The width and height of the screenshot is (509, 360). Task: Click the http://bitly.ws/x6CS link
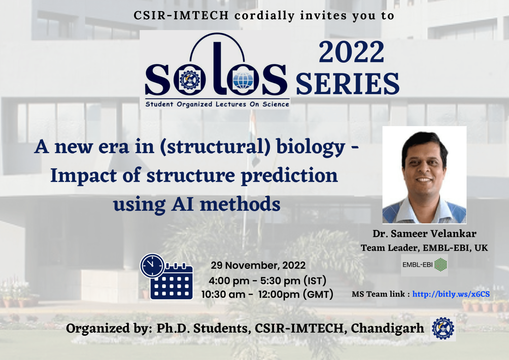pyautogui.click(x=451, y=294)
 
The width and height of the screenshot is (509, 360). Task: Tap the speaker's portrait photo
pyautogui.click(x=424, y=175)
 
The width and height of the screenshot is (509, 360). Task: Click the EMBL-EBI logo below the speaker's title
pyautogui.click(x=424, y=265)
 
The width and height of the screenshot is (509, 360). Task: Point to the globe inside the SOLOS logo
pyautogui.click(x=243, y=81)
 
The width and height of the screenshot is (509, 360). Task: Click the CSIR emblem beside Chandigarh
pyautogui.click(x=443, y=328)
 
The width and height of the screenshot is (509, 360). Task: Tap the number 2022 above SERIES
pyautogui.click(x=352, y=52)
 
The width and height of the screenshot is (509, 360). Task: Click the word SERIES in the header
pyautogui.click(x=347, y=84)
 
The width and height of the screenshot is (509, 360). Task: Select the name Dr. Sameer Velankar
pyautogui.click(x=424, y=234)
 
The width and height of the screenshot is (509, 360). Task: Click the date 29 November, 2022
pyautogui.click(x=258, y=265)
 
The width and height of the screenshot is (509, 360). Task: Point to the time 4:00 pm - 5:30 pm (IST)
pyautogui.click(x=268, y=281)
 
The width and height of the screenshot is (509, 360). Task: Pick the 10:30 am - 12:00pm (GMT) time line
pyautogui.click(x=267, y=294)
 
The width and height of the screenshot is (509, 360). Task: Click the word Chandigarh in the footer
pyautogui.click(x=387, y=328)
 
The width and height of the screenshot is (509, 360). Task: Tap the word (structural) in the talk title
pyautogui.click(x=215, y=147)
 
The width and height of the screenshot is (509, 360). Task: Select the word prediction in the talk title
pyautogui.click(x=289, y=176)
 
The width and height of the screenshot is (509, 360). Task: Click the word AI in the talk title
pyautogui.click(x=183, y=204)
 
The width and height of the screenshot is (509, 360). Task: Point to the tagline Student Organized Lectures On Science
pyautogui.click(x=217, y=104)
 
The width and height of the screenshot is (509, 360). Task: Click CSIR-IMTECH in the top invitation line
pyautogui.click(x=181, y=16)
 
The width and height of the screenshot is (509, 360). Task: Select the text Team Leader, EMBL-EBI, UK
pyautogui.click(x=424, y=248)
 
